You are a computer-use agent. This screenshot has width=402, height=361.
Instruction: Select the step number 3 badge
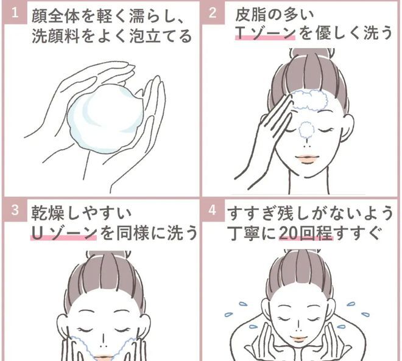(14, 210)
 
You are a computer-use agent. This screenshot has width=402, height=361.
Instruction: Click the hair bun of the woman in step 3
(104, 256)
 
